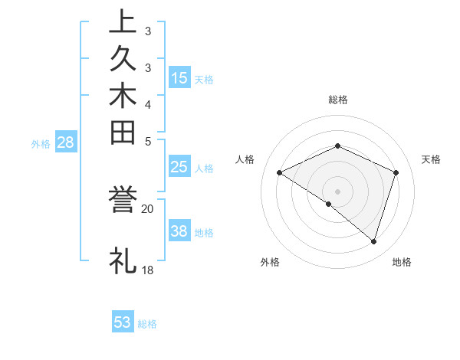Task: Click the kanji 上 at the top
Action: click(123, 22)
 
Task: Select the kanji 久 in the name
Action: click(123, 58)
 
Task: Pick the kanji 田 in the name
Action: click(123, 133)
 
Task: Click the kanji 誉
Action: click(123, 201)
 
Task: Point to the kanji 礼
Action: click(123, 260)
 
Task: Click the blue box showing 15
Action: click(179, 77)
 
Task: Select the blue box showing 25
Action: click(179, 168)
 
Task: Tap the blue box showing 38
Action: click(179, 231)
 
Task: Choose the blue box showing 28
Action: click(65, 142)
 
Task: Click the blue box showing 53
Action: click(123, 322)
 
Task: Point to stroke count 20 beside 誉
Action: click(148, 208)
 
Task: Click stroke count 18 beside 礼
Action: click(148, 270)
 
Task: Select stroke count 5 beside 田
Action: click(148, 141)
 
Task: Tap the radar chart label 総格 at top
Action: click(338, 100)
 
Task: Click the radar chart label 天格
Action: click(431, 159)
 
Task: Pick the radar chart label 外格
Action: click(270, 262)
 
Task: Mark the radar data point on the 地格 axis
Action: click(373, 242)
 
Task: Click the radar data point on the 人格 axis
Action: click(280, 172)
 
